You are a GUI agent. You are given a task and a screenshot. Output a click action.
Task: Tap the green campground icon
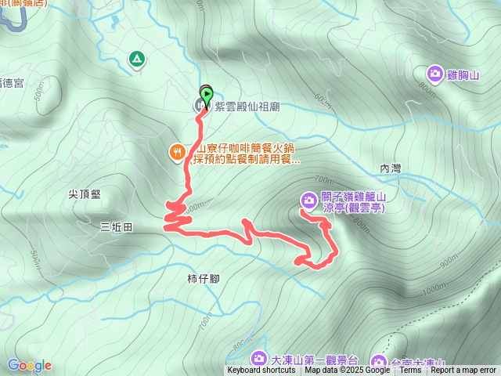137,58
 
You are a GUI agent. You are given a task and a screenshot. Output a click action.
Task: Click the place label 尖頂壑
85,194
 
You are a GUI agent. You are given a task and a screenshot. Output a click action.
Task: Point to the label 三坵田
117,227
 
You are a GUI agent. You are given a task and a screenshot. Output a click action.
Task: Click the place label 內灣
390,168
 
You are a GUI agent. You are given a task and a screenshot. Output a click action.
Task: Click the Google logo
29,365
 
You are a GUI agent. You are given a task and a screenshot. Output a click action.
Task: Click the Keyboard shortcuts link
261,371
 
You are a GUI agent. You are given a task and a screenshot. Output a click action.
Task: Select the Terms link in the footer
410,371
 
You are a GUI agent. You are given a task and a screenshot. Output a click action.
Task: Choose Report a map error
463,371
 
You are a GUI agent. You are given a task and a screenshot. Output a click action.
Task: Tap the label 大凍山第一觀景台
314,361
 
